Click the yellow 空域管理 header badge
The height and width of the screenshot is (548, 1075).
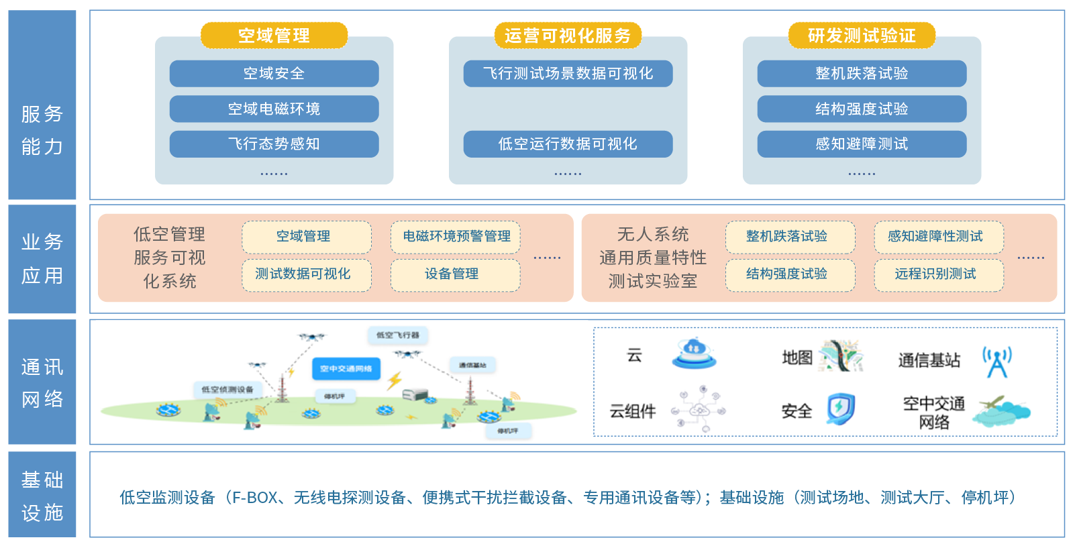tap(274, 36)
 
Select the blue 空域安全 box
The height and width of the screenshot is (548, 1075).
tap(274, 74)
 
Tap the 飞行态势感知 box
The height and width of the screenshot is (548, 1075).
tap(274, 144)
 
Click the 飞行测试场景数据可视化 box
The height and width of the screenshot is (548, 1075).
tap(568, 74)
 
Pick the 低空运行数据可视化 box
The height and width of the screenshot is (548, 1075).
tap(568, 144)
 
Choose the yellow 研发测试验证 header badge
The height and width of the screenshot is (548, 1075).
tap(862, 36)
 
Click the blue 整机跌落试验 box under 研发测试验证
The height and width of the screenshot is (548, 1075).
tap(862, 74)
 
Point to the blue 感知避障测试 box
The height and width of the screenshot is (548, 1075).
tap(862, 144)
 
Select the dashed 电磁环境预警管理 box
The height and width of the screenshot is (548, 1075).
tap(456, 237)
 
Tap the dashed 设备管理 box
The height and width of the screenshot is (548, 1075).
tap(456, 274)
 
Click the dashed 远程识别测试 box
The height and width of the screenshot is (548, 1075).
tap(938, 274)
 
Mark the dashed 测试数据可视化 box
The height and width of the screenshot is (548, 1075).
tap(307, 274)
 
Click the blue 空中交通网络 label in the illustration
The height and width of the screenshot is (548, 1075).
tap(346, 368)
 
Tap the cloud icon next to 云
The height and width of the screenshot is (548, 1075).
tap(694, 353)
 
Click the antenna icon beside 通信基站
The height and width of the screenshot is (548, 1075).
tap(996, 362)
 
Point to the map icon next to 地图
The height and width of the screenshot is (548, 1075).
tap(841, 356)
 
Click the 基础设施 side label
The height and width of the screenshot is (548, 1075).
tap(42, 495)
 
